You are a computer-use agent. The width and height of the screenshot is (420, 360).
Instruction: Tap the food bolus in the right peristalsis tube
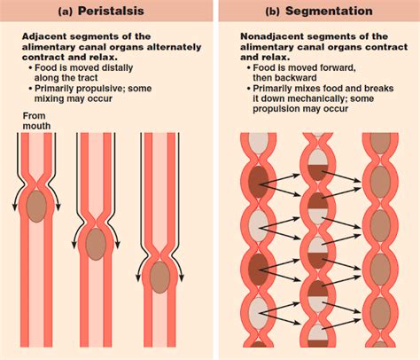point(159,277)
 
